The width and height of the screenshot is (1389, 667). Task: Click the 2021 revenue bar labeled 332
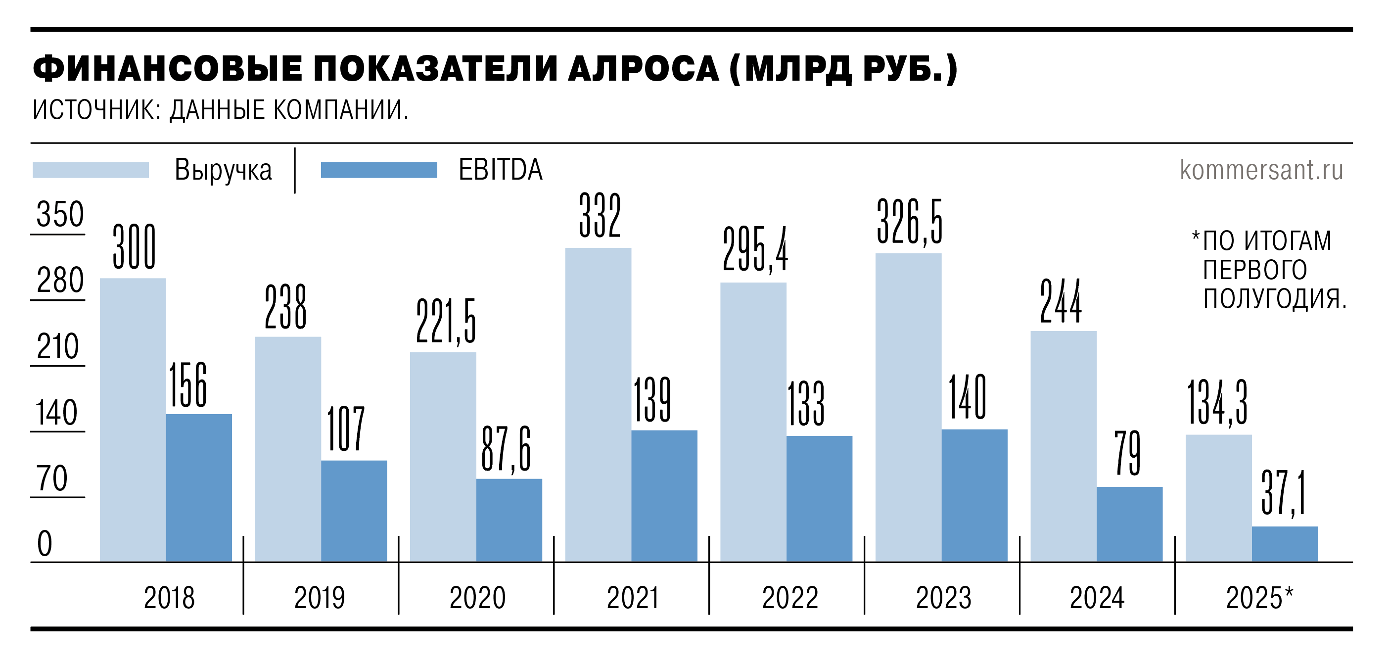coord(598,404)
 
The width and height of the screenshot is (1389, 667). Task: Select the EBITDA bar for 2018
coord(198,487)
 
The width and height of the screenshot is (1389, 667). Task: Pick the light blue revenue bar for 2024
coord(1064,446)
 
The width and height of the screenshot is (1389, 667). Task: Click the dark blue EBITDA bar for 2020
coord(509,520)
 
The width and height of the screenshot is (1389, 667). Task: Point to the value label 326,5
coord(910,222)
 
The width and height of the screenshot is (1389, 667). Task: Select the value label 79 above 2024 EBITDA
coord(1128,453)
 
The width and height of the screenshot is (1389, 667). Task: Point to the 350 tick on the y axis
coord(60,215)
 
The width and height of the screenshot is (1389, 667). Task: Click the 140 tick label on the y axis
coord(56,413)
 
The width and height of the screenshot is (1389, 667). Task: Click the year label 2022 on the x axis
coord(790,597)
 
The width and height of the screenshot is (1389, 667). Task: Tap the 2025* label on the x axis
coord(1259,597)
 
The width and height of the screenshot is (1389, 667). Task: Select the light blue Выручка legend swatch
coord(91,170)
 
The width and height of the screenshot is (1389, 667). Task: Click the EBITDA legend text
coord(500,170)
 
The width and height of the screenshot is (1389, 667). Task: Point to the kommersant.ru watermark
coord(1261,170)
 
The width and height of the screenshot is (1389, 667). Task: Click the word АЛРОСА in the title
coord(643,69)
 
